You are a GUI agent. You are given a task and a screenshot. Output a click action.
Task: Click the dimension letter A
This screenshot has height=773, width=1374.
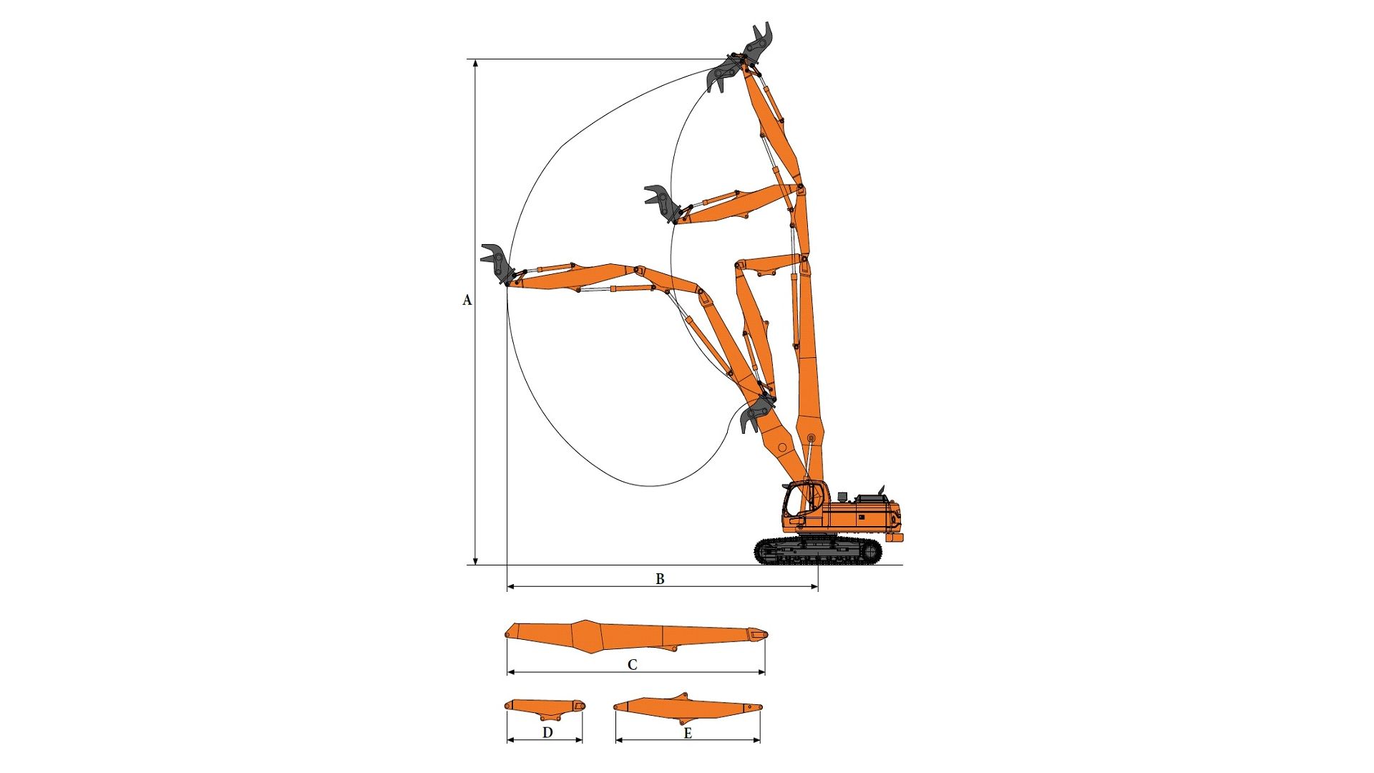(467, 300)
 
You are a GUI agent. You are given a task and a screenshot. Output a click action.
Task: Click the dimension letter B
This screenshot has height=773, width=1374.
(660, 578)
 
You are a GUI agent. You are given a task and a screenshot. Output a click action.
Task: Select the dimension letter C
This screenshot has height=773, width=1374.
(632, 665)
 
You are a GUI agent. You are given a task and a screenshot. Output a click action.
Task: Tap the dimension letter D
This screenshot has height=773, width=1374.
(547, 732)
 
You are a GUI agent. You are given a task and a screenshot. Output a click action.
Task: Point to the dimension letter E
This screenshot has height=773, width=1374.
(688, 733)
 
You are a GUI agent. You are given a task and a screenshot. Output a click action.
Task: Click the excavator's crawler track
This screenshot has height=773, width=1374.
(818, 551)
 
